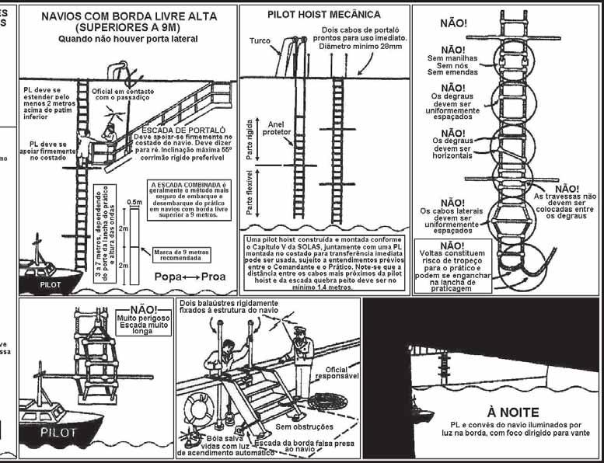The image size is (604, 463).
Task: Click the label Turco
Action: [x=260, y=40]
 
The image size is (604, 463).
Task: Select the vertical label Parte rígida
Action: [x=250, y=144]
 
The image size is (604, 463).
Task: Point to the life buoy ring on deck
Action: [x=201, y=408]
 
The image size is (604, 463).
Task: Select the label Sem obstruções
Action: [x=305, y=426]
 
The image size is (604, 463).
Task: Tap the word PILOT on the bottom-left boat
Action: [x=59, y=430]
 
